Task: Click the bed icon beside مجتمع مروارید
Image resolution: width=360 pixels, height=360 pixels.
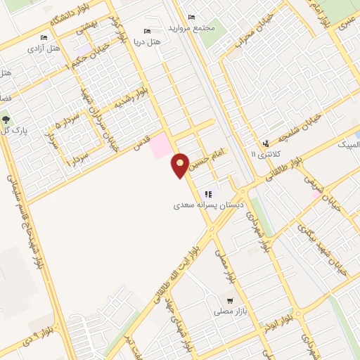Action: (x=191, y=18)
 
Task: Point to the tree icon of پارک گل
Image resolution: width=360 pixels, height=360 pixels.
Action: (x=6, y=120)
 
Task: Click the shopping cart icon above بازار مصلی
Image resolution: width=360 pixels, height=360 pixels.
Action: (x=230, y=300)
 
